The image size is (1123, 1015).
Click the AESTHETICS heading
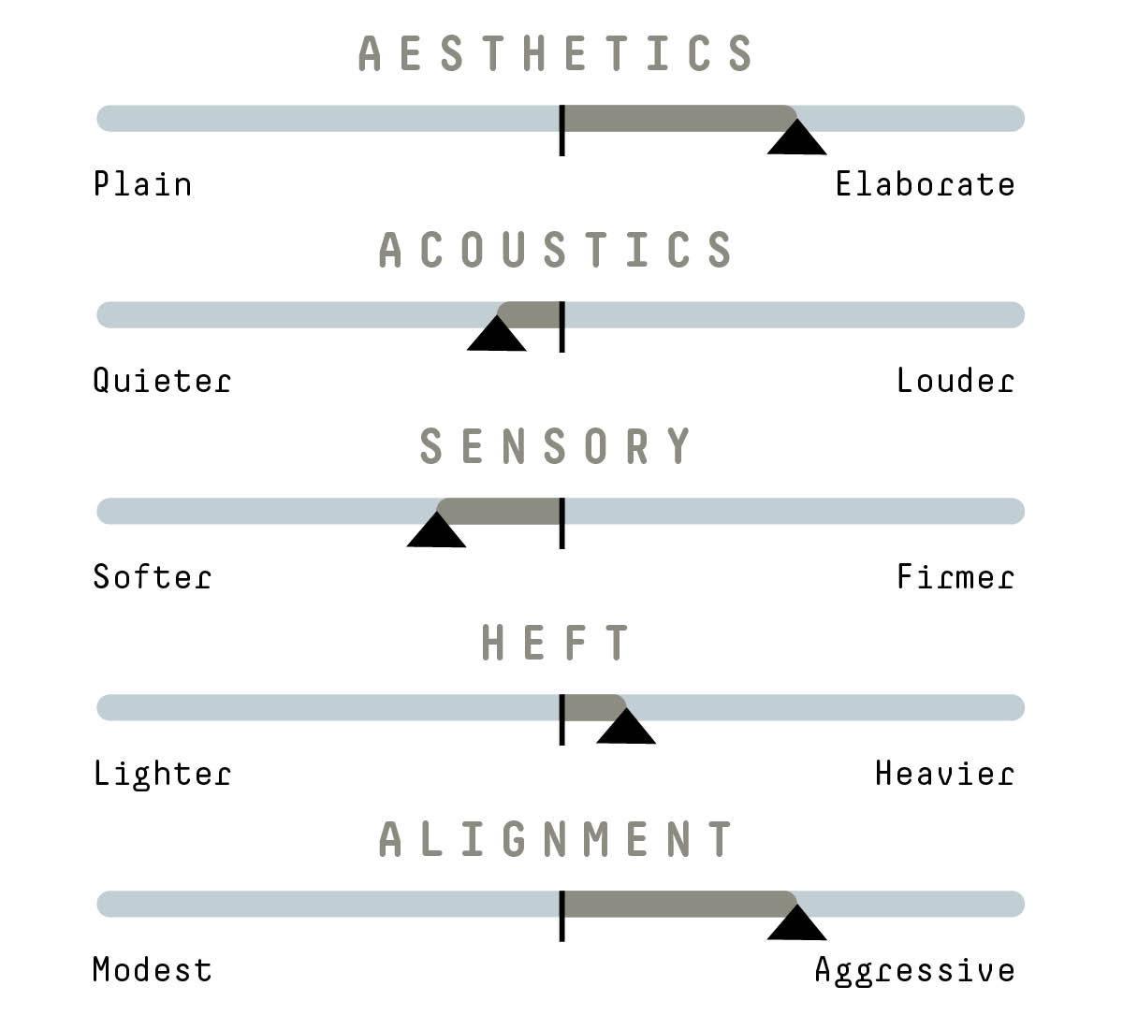555,53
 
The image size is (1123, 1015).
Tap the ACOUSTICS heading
555,249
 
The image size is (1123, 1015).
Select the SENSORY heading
555,445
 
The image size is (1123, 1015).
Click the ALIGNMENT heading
555,838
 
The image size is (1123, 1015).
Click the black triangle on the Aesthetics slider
796,138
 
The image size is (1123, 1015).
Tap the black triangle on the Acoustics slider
497,335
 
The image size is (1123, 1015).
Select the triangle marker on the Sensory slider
436,530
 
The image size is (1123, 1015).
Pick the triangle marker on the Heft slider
626,727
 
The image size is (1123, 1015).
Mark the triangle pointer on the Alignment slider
796,923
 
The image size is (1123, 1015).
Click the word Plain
143,183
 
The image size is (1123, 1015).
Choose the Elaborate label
925,183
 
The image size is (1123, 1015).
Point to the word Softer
153,576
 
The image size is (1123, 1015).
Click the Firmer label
955,576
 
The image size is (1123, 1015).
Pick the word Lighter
162,775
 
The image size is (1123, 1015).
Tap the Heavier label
944,773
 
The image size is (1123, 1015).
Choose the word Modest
153,970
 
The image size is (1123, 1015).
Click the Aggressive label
914,971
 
